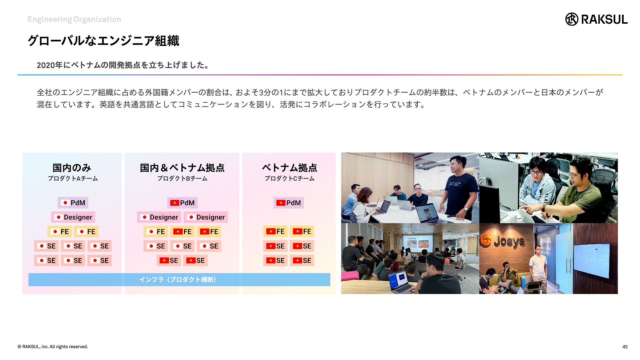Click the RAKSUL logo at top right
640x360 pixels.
click(x=596, y=19)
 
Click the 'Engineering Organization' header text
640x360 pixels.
click(x=74, y=19)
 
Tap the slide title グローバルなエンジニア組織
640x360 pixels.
click(x=103, y=41)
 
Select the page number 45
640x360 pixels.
click(x=625, y=347)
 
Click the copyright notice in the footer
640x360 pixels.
click(x=53, y=347)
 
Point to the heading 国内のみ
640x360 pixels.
click(x=72, y=168)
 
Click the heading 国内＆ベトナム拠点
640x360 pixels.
click(x=182, y=168)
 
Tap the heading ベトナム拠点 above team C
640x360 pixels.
click(x=289, y=168)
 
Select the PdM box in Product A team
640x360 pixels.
click(x=73, y=203)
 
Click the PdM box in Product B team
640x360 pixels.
click(x=182, y=203)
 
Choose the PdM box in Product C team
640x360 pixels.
click(x=289, y=203)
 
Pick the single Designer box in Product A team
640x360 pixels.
click(x=73, y=217)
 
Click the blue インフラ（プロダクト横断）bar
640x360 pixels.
click(x=179, y=280)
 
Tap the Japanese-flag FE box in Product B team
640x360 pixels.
click(x=156, y=232)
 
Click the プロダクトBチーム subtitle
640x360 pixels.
click(x=182, y=179)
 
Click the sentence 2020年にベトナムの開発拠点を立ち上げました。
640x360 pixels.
click(x=123, y=65)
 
